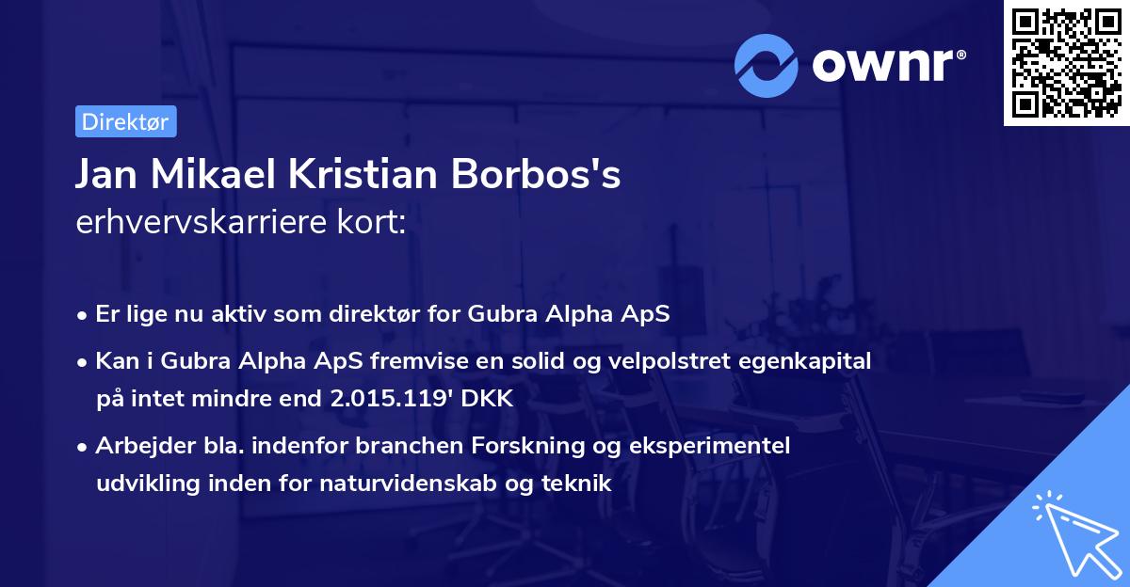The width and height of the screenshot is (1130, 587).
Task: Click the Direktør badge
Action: pos(125,121)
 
